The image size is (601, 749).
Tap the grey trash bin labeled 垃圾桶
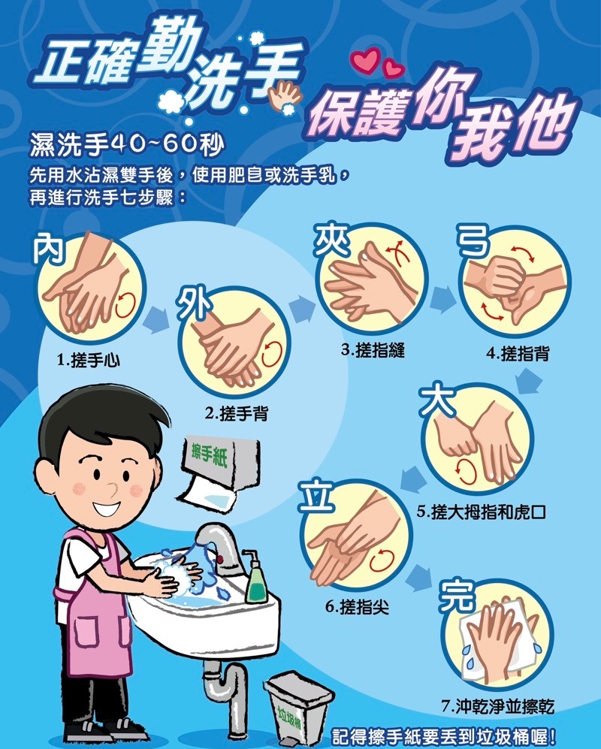click(x=298, y=708)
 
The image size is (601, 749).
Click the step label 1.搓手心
click(x=89, y=360)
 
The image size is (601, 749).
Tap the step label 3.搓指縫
click(x=373, y=350)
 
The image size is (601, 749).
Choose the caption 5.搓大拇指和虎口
click(x=481, y=512)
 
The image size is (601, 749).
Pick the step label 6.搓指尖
click(x=358, y=607)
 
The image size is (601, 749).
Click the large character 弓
click(x=473, y=240)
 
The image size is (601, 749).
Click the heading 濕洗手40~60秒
click(x=127, y=144)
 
